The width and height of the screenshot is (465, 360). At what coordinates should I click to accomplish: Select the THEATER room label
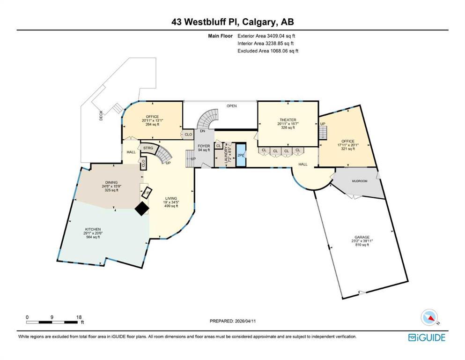[288, 120]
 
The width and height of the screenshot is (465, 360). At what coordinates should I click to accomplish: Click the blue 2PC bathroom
[241, 155]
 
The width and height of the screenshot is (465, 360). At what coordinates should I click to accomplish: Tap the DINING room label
[111, 182]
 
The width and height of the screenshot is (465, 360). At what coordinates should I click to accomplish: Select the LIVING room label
[171, 198]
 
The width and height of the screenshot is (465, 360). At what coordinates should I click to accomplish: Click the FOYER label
[204, 146]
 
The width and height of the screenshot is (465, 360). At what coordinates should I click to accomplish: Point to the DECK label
[101, 116]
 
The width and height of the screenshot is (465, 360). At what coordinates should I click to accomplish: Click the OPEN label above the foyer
[232, 106]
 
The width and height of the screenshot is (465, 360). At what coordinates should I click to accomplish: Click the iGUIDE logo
[426, 337]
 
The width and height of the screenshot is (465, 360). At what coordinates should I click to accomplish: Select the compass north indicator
[429, 317]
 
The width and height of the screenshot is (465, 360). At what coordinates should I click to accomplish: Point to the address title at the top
[232, 22]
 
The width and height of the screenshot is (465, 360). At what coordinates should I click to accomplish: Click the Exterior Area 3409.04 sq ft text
[266, 36]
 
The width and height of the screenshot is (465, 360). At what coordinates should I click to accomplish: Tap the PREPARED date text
[232, 321]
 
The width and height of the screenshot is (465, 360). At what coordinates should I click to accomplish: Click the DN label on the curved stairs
[203, 131]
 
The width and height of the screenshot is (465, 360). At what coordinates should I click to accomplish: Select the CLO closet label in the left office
[188, 135]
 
